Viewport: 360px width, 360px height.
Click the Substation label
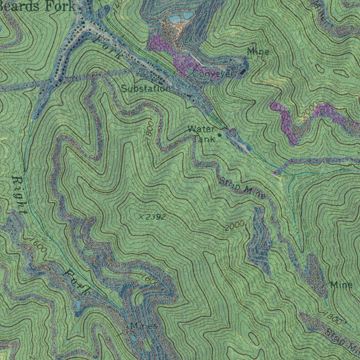coord(145,89)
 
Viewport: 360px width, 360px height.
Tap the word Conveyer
coord(213,74)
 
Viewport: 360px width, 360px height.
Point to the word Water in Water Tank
coord(200,129)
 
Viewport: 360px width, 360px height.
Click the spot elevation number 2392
coord(155,217)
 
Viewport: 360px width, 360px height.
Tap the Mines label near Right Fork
coord(143,326)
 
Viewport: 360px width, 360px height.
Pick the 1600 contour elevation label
coord(38,245)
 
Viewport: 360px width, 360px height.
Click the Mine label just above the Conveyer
coord(258,52)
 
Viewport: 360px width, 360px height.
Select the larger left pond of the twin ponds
coord(174,19)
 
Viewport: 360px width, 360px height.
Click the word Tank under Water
coord(204,139)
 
